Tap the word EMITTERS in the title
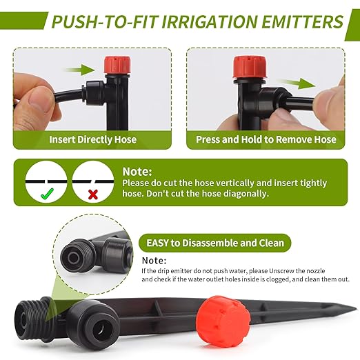tap(298, 21)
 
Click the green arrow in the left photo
tap(86, 69)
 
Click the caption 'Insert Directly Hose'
tap(92, 139)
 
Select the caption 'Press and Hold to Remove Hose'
tap(266, 139)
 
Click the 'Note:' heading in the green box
tap(137, 171)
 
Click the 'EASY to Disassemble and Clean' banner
tap(214, 243)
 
